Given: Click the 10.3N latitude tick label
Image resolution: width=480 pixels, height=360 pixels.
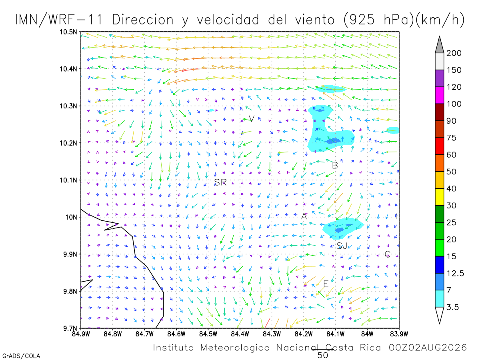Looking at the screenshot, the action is pos(68,106).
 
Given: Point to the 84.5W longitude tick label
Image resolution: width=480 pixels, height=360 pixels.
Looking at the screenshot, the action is pos(208,334).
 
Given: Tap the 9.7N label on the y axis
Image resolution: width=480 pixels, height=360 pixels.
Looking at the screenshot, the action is pos(70,328).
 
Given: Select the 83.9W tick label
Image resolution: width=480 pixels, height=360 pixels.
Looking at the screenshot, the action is pos(399,334).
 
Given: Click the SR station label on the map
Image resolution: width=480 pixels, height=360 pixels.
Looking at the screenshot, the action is pos(220,182).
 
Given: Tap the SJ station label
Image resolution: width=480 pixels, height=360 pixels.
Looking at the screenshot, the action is pos(342,246).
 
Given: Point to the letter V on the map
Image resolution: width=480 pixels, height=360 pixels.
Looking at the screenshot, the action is pos(252,119).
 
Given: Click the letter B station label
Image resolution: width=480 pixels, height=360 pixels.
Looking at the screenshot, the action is pos(335,166).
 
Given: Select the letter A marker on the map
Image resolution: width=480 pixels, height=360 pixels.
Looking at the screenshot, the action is pos(304,216).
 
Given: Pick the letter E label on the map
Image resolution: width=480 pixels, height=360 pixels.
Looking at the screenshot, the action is pos(326,284).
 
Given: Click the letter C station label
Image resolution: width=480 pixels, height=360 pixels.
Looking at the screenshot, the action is pos(387,254).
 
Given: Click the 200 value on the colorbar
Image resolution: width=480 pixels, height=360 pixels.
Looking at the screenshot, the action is pos(454,53).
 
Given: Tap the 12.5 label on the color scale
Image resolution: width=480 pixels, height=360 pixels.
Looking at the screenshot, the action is pos(455,273).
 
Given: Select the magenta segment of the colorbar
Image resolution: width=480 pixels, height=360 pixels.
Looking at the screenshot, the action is pos(439,95).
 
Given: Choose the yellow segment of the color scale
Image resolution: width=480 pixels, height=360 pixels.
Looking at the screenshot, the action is pos(439,197).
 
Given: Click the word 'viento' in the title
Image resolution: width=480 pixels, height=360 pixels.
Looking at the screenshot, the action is pos(315,20).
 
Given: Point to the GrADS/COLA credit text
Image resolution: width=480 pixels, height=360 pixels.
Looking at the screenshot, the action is pos(21,356).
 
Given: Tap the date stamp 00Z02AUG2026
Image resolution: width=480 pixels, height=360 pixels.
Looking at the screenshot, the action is pos(428,348).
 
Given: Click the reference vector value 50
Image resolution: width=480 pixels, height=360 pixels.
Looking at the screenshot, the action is pos(322,356).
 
